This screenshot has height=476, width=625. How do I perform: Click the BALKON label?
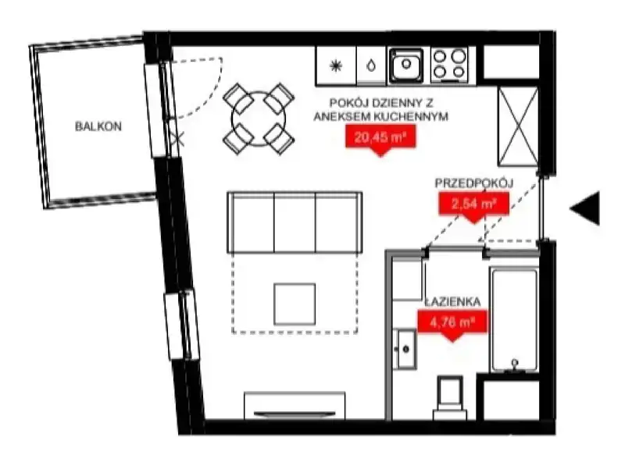click(98, 126)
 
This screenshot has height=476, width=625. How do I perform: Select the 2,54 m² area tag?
click(473, 206)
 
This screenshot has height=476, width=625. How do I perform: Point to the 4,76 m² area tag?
click(452, 324)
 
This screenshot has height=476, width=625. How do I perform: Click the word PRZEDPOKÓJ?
click(474, 183)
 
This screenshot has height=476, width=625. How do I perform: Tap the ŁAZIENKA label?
click(452, 302)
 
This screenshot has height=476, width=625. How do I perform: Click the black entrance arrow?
click(584, 208)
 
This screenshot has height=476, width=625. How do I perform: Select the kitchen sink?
click(405, 66)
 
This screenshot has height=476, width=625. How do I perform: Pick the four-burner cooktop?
click(449, 66)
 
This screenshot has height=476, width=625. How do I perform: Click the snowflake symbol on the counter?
click(336, 66)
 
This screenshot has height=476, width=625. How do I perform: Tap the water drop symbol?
click(371, 66)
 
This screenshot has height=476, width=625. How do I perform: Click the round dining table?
click(259, 119)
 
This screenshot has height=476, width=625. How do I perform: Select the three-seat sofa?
click(295, 222)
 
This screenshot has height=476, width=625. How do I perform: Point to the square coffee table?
click(295, 304)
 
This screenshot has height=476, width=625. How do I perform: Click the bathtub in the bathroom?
click(514, 321)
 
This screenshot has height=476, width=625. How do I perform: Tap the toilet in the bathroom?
click(450, 398)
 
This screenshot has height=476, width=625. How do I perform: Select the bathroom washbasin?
click(405, 349)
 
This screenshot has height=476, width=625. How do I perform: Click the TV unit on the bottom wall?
click(295, 406)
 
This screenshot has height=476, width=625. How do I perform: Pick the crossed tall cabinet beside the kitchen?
click(518, 126)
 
